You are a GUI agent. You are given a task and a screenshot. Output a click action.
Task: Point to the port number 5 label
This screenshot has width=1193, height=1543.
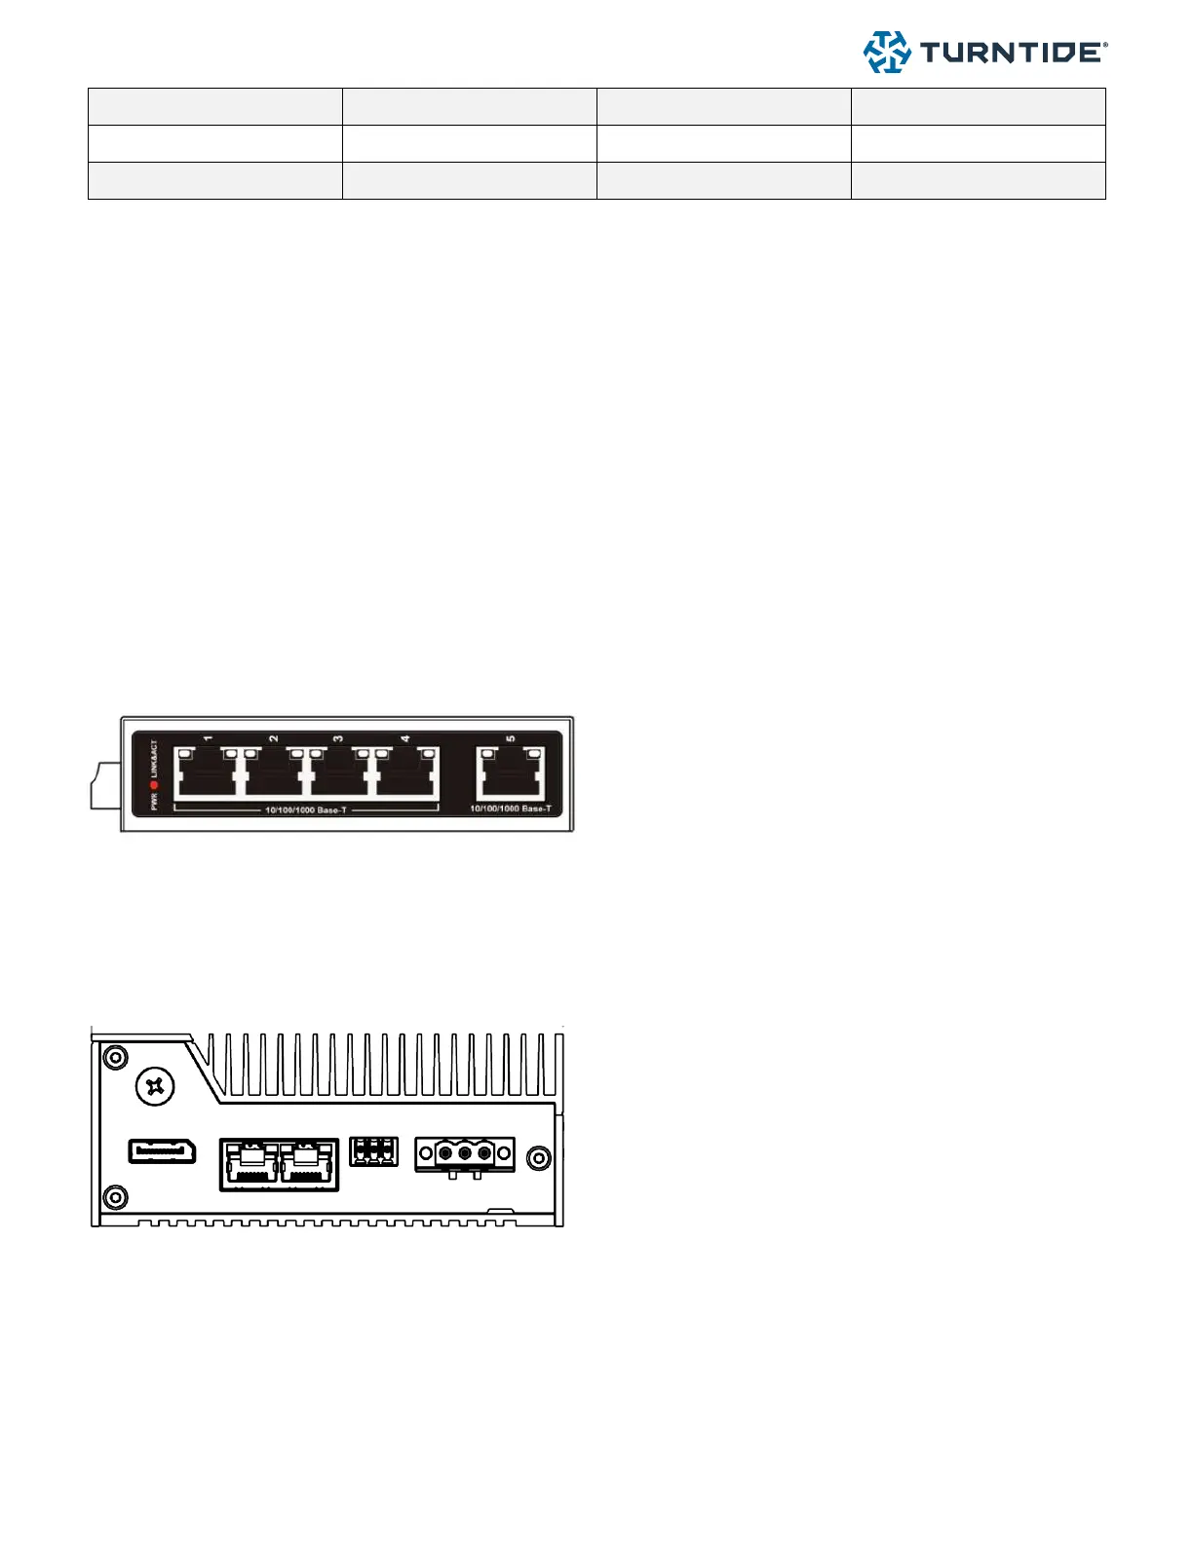[511, 739]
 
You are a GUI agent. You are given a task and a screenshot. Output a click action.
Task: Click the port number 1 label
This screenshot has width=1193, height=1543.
[208, 739]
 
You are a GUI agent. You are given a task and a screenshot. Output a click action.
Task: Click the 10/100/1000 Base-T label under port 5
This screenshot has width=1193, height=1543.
[511, 809]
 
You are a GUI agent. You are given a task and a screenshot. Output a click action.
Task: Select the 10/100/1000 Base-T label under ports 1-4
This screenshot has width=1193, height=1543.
[305, 810]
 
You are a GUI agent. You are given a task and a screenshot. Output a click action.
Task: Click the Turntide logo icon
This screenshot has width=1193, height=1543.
[887, 53]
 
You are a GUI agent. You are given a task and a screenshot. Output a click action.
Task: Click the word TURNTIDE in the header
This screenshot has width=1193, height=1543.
[1011, 53]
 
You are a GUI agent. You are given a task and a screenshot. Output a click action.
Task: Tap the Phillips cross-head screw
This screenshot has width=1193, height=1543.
[154, 1085]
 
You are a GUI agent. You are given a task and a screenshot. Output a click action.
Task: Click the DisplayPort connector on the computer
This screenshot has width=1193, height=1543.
[162, 1151]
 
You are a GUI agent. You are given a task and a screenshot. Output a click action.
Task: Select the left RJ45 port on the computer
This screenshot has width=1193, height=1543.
[250, 1163]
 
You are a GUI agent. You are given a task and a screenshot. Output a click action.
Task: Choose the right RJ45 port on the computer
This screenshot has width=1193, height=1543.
[308, 1163]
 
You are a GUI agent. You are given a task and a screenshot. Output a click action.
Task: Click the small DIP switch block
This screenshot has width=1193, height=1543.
[373, 1151]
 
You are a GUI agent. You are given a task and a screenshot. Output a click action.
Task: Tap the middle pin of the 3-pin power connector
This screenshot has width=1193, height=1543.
[465, 1154]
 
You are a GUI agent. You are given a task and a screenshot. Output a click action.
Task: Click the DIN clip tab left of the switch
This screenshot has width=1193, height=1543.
[104, 787]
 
